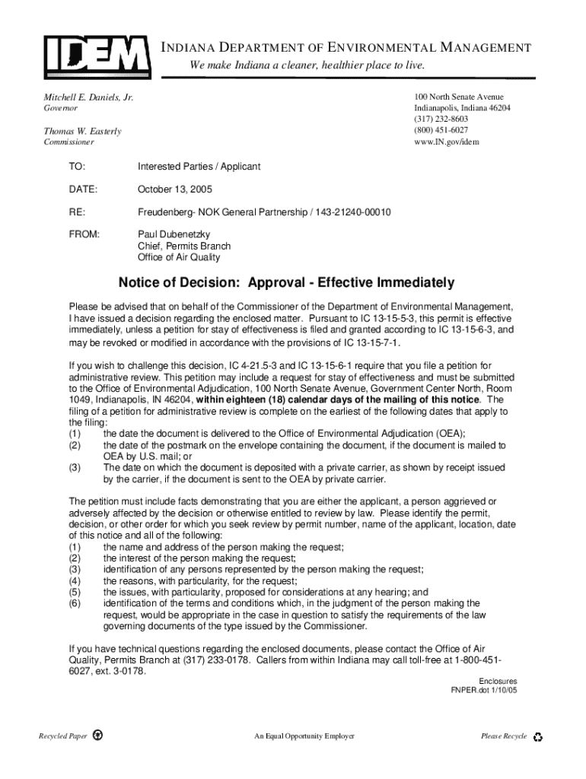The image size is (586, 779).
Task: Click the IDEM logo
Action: (x=96, y=55)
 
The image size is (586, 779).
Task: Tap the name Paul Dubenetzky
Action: (x=174, y=234)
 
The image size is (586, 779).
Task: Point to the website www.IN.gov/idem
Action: (x=447, y=141)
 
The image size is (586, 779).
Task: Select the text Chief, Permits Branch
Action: (x=183, y=246)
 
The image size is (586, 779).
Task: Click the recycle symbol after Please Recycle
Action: (x=538, y=736)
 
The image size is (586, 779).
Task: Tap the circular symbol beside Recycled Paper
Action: (x=97, y=736)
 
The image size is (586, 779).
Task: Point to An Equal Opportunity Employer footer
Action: (x=304, y=736)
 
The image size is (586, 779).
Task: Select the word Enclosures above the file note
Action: (x=498, y=681)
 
